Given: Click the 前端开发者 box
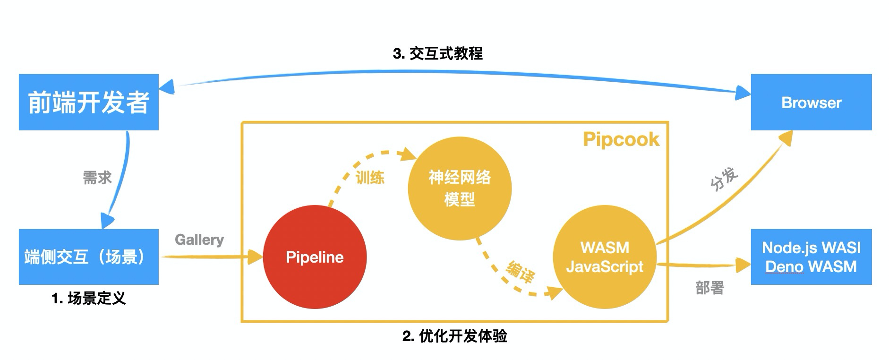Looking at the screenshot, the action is click(x=89, y=102).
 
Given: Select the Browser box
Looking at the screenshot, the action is click(x=811, y=102).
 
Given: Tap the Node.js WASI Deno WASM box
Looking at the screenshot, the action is click(x=811, y=257).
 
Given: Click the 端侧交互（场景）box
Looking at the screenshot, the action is click(x=89, y=257).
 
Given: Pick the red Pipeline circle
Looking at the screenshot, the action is click(x=315, y=257).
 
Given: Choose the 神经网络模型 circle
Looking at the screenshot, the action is click(x=460, y=189).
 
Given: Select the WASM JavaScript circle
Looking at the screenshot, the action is click(x=605, y=257).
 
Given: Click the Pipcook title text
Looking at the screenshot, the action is click(x=621, y=140).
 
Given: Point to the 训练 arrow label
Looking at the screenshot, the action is click(x=370, y=178).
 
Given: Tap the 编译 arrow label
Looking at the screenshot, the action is click(x=520, y=271).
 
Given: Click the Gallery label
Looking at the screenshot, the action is click(x=199, y=240).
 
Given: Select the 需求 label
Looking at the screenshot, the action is click(x=97, y=178).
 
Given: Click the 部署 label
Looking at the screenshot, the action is click(x=710, y=288).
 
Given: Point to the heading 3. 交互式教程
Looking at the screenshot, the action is click(x=438, y=53).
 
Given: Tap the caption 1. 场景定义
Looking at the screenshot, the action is click(x=89, y=299).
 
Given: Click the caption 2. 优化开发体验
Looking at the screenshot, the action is click(x=455, y=336).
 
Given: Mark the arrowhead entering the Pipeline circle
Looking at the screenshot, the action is click(x=256, y=257).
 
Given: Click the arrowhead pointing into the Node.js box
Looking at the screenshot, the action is click(x=744, y=265).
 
